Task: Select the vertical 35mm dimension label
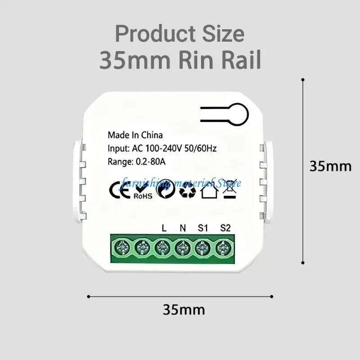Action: tap(330, 166)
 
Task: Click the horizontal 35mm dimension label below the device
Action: tap(184, 310)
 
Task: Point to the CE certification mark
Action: tap(118, 189)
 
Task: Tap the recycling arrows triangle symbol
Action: tap(188, 190)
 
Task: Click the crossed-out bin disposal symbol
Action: tap(230, 189)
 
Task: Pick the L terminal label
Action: tap(164, 228)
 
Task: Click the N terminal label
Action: tap(183, 228)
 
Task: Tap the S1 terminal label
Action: tap(203, 228)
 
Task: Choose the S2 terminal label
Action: tap(225, 228)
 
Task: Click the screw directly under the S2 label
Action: tap(223, 248)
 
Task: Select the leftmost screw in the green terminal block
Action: tap(122, 248)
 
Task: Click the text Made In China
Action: tap(135, 135)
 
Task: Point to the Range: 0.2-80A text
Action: tap(137, 162)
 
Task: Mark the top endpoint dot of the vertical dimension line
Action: tap(303, 80)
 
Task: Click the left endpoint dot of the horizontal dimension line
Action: tap(89, 297)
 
